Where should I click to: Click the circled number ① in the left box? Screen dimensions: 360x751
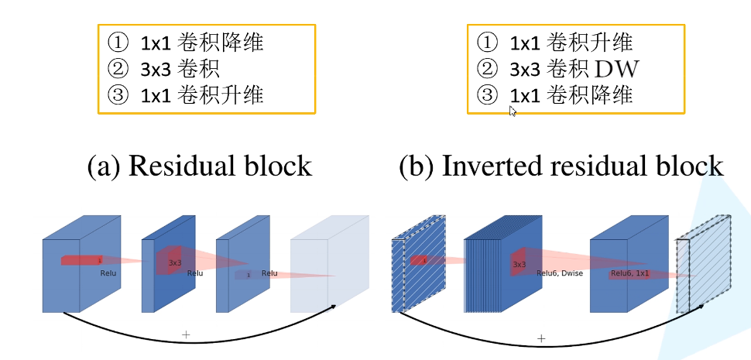point(116,42)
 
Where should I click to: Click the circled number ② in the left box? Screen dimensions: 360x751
point(116,68)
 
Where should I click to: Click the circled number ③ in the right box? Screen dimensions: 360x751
point(486,95)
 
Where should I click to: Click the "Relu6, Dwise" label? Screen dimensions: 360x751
point(559,273)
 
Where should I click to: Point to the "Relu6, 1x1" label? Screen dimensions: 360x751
point(632,273)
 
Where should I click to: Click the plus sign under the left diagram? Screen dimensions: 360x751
point(186,334)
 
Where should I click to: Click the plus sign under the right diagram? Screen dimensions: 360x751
point(541,338)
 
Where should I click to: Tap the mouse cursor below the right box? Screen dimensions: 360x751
point(513,111)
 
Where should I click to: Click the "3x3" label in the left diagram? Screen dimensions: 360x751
point(175,263)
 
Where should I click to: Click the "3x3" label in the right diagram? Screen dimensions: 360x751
point(520,265)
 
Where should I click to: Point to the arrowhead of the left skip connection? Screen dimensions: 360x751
point(334,306)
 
